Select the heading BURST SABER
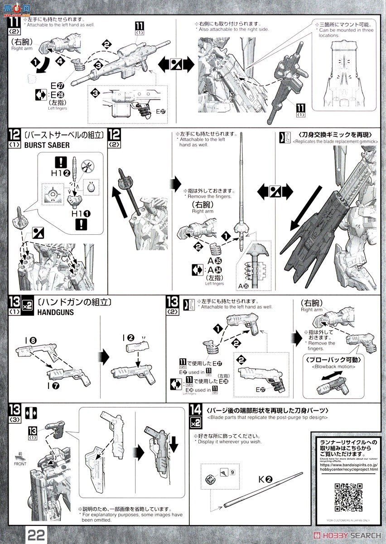[x=47, y=146]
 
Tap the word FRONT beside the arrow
[x=20, y=464]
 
